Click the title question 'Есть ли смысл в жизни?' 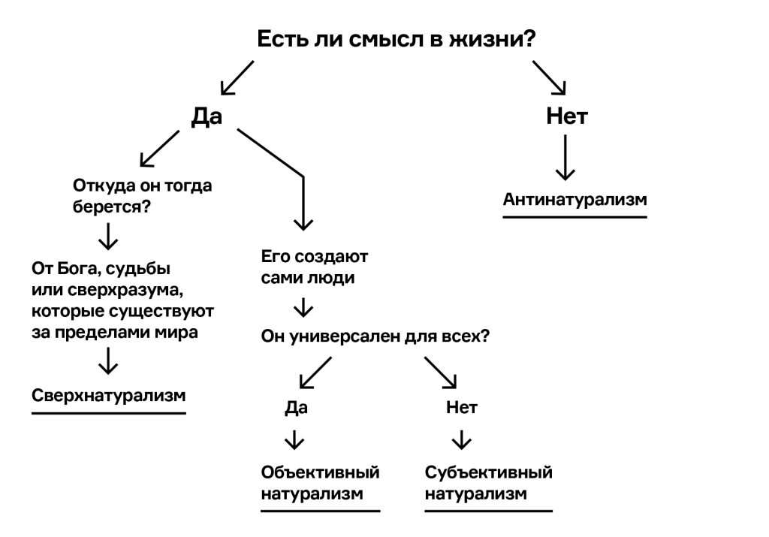click(397, 40)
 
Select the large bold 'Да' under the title click(207, 116)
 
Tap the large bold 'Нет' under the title click(566, 116)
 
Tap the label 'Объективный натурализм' click(320, 483)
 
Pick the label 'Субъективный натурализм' click(488, 483)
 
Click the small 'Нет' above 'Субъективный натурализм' click(462, 408)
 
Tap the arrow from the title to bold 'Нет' click(550, 77)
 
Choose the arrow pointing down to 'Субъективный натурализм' click(462, 439)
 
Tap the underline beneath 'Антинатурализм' click(574, 217)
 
